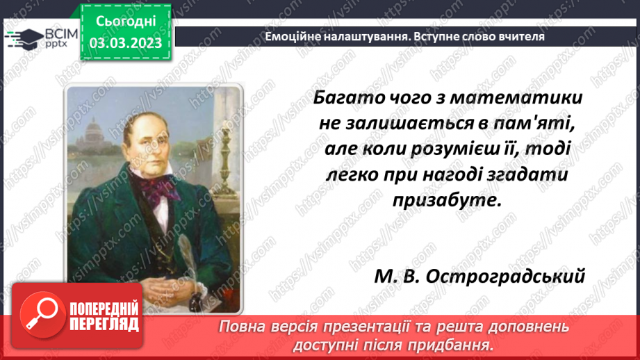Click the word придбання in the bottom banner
tap(460, 344)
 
